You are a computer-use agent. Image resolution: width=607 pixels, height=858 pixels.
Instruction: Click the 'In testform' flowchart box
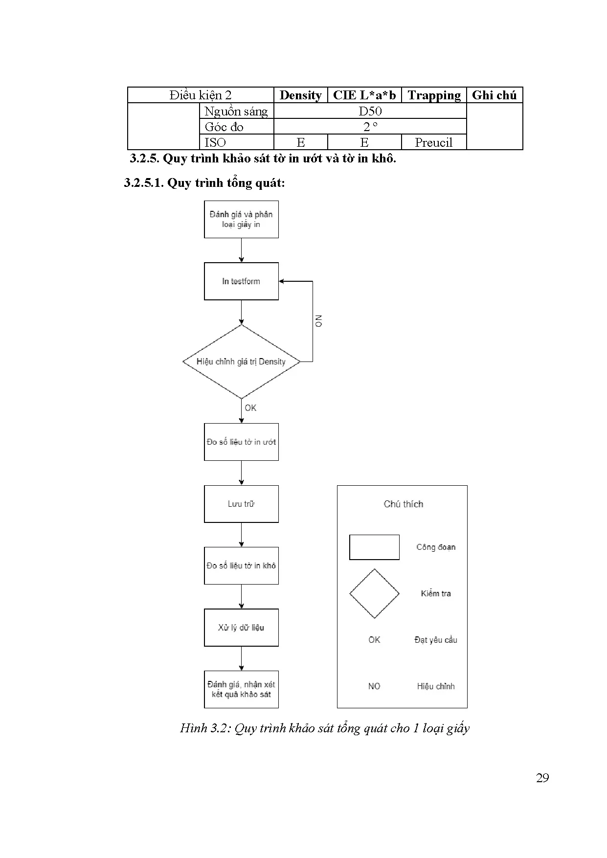pos(241,281)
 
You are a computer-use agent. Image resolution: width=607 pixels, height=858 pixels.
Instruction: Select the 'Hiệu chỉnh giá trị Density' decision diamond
pos(241,361)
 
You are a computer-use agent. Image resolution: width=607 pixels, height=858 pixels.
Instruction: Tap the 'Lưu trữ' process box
pos(241,504)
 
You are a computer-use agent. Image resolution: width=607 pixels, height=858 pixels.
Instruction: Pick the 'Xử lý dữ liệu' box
pos(241,628)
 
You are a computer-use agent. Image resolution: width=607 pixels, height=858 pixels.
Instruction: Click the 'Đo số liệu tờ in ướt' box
pos(241,442)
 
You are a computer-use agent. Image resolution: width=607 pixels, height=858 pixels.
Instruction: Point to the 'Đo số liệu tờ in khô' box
pos(241,565)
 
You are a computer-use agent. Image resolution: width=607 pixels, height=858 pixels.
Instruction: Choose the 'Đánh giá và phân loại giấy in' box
pos(241,219)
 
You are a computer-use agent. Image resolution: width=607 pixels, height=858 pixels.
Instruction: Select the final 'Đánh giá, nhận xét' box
pos(241,689)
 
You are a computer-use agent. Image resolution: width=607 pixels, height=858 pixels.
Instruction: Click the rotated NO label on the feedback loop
pos(318,321)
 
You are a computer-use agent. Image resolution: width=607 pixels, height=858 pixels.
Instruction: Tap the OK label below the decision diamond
pos(250,408)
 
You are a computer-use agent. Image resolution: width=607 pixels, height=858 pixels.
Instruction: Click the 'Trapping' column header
pos(434,95)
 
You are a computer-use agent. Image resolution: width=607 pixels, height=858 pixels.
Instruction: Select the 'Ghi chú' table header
pos(494,95)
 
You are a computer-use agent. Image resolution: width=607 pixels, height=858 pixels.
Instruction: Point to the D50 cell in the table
pos(370,111)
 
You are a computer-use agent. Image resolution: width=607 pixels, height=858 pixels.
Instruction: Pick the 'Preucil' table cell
pos(433,142)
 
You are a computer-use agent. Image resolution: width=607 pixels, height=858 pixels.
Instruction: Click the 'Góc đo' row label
pos(224,127)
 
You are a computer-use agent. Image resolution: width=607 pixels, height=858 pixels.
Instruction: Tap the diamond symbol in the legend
pos(374,593)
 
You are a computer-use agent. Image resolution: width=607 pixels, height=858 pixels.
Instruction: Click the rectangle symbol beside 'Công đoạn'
pos(374,547)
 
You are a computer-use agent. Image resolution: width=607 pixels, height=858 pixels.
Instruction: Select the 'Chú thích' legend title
pos(403,504)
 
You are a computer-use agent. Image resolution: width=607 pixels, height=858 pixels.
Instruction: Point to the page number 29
pos(542,778)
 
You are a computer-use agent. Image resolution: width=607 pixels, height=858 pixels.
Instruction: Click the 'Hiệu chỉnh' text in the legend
pos(435,686)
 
